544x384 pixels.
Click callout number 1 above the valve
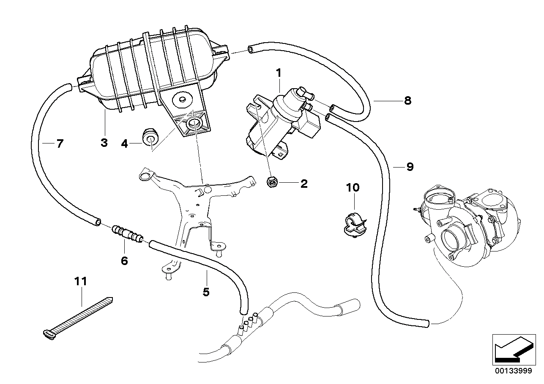279,73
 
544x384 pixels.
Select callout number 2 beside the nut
303,184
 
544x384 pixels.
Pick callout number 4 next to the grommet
124,144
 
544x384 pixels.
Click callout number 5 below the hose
206,292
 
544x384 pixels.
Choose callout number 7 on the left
60,144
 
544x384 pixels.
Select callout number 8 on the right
407,101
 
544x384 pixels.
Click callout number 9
409,167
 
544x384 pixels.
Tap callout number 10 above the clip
353,187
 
